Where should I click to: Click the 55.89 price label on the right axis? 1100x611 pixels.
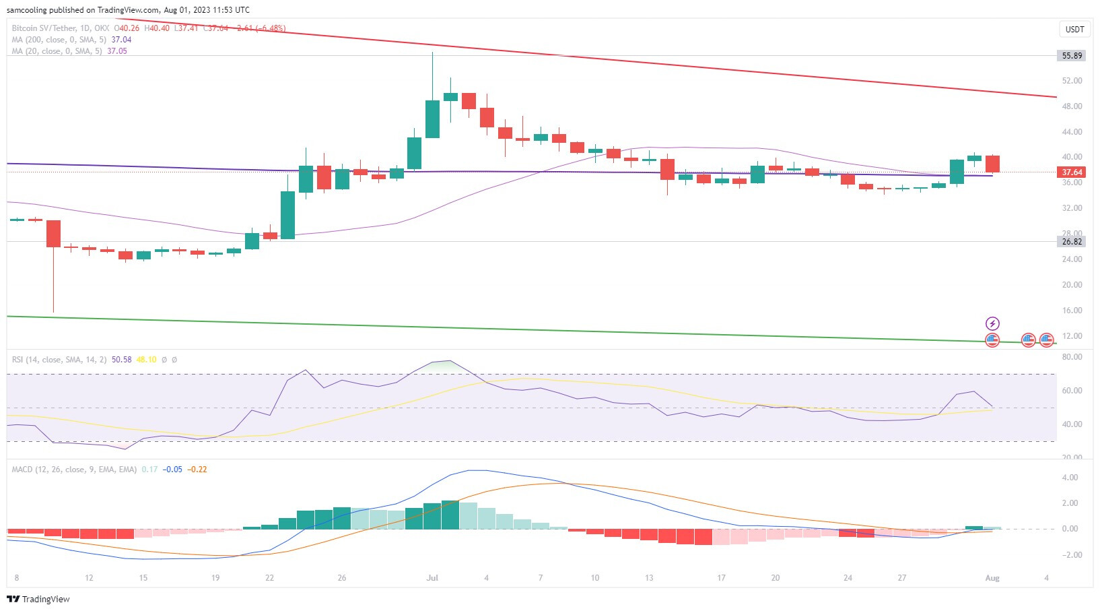1072,56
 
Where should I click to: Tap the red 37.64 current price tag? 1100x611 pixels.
1072,172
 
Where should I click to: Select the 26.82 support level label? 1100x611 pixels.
1072,241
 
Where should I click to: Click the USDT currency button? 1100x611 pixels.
1074,29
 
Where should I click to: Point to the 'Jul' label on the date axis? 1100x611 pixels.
432,578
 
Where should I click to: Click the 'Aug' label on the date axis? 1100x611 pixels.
992,578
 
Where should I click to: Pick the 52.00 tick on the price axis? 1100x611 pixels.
1072,81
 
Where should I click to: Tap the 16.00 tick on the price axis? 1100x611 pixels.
1072,311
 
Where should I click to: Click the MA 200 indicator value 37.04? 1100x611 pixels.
121,40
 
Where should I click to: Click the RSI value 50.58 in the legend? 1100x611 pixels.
122,360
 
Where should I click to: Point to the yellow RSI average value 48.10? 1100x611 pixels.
146,360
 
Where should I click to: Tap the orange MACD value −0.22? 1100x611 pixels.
197,470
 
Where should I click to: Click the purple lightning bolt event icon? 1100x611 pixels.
992,323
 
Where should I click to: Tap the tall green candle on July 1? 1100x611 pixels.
432,119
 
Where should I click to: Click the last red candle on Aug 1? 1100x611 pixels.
992,164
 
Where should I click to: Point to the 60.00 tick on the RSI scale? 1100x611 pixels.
1072,391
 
